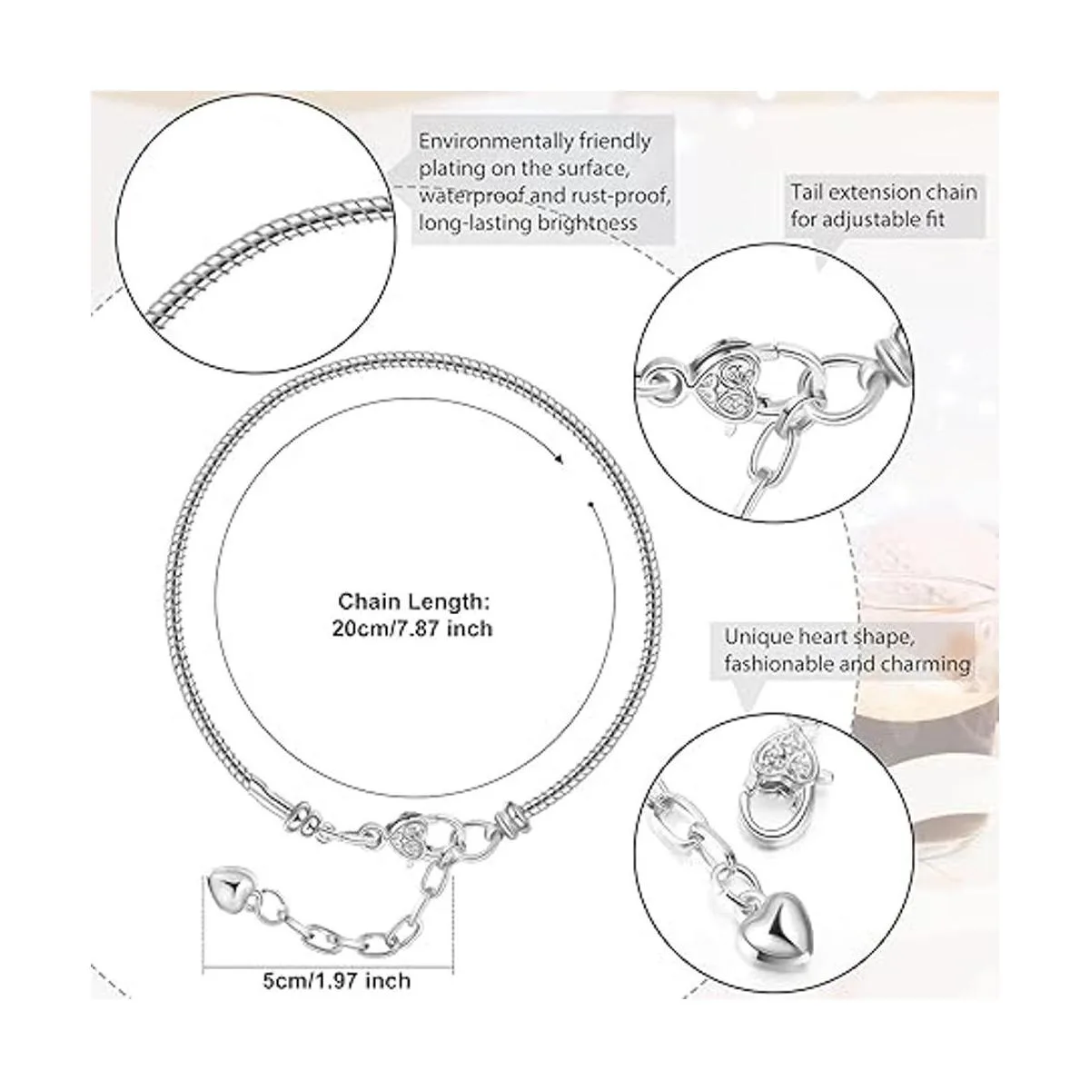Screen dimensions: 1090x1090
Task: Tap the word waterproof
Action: tap(473, 195)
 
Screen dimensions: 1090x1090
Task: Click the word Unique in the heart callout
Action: tap(758, 637)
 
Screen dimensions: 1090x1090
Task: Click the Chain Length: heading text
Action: tap(413, 601)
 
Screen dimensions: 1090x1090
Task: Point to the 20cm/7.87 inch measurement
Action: tap(412, 629)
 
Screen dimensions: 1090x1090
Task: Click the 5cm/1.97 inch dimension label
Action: tap(337, 980)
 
